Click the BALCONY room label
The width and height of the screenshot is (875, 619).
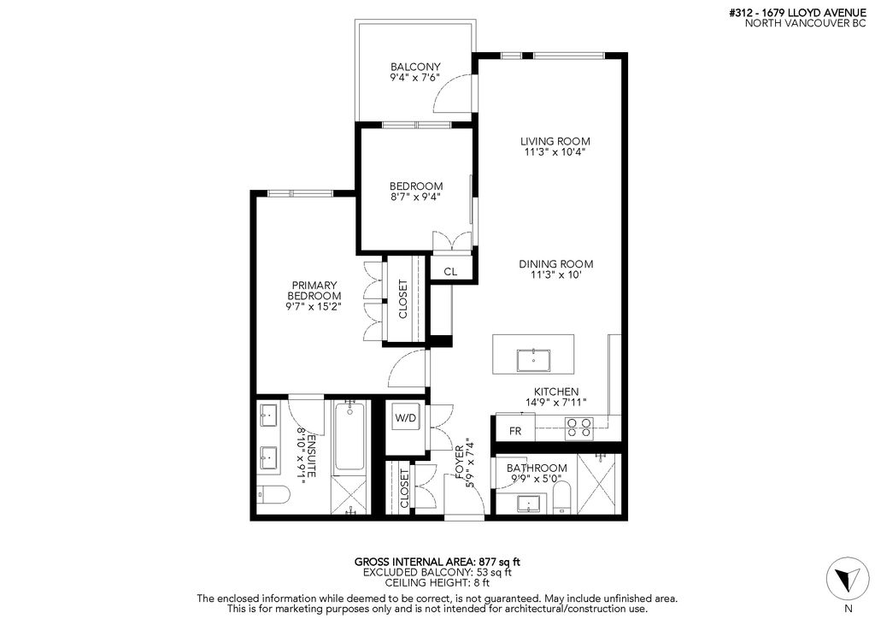click(x=415, y=67)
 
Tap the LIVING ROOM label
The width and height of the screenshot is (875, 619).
click(x=555, y=141)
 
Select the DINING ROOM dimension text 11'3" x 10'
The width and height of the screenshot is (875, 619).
click(x=555, y=274)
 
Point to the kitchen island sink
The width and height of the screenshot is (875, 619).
click(x=533, y=361)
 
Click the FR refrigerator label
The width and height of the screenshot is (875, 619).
click(x=515, y=431)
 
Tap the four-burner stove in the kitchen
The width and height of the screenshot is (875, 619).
click(x=578, y=428)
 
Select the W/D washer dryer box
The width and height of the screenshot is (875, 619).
click(x=406, y=418)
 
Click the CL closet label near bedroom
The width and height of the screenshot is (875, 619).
click(x=450, y=272)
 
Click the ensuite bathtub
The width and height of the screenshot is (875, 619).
click(x=349, y=437)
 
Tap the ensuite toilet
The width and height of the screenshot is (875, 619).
click(x=273, y=494)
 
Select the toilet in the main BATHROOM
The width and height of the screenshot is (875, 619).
click(x=561, y=498)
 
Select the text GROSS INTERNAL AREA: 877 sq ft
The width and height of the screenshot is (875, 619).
click(x=437, y=562)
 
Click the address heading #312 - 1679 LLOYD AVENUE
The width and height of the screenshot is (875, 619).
click(x=797, y=13)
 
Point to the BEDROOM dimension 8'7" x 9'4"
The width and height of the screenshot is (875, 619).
click(x=415, y=197)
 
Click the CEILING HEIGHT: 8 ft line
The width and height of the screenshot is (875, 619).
click(x=437, y=583)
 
